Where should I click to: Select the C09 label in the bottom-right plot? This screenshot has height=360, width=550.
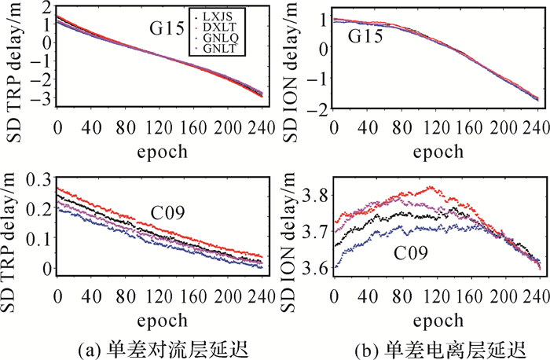pos(410,254)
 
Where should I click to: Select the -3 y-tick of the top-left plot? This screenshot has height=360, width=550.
pos(35,99)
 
